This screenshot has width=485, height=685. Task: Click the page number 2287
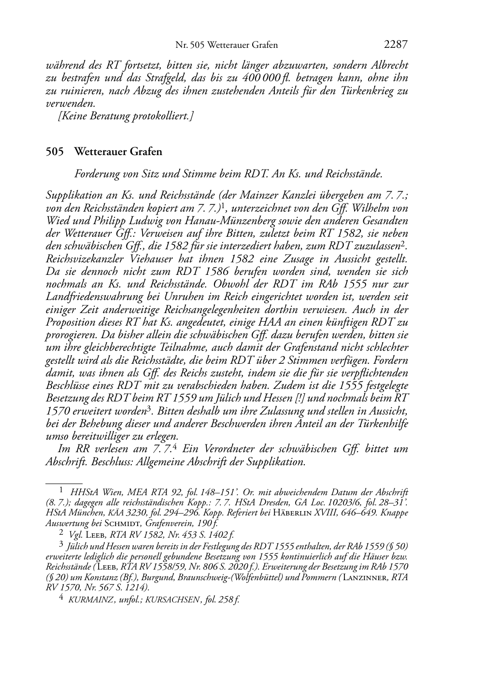click(x=396, y=45)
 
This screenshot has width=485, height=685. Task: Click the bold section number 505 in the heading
click(x=55, y=152)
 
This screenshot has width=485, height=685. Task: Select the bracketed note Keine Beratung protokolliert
click(x=126, y=116)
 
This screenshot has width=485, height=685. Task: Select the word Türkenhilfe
click(x=382, y=423)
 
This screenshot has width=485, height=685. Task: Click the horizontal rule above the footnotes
click(x=64, y=483)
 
